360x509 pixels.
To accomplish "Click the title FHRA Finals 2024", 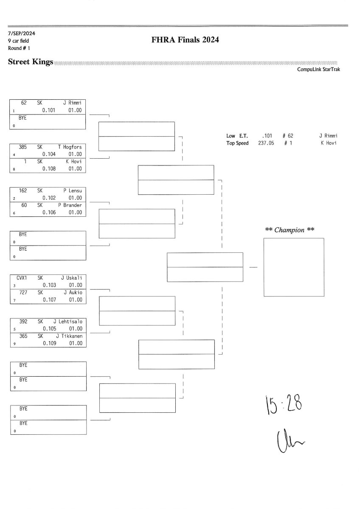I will point(185,40).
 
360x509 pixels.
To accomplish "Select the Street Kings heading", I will point(31,62).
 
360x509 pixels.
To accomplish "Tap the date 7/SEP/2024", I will point(20,33).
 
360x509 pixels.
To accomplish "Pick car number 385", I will point(23,147).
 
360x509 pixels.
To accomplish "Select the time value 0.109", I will point(49,343).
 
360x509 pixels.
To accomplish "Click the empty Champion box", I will point(293,267).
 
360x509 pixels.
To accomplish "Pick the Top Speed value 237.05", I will point(266,143).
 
